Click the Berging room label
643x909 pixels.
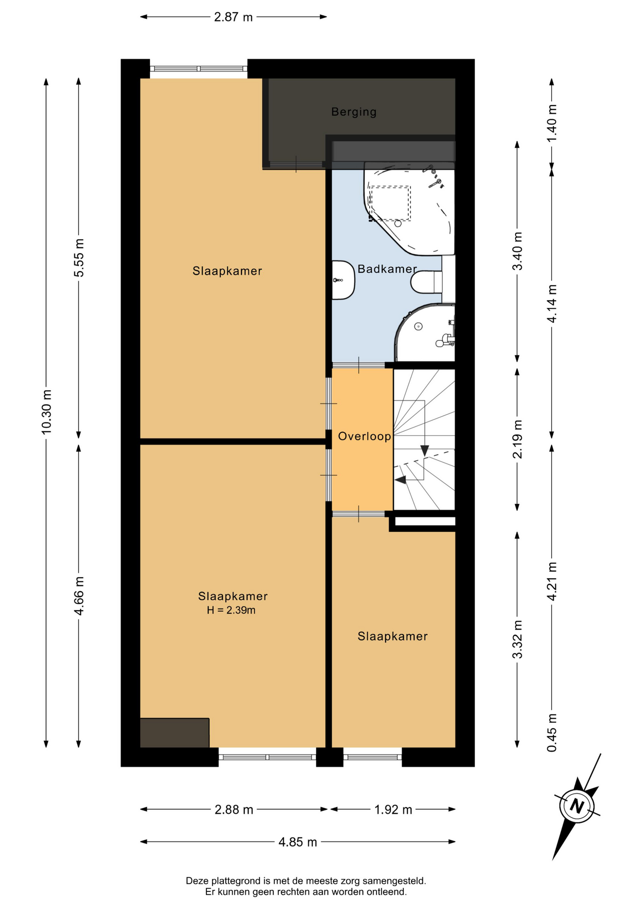click(x=354, y=112)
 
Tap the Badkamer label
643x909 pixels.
click(x=387, y=269)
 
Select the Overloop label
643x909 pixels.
click(x=365, y=437)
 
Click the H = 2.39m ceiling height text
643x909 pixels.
click(x=231, y=610)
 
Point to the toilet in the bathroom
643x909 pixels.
click(x=426, y=282)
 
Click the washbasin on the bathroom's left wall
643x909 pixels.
click(x=343, y=280)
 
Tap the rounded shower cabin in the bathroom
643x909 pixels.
click(x=425, y=333)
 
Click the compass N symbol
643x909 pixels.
click(x=577, y=806)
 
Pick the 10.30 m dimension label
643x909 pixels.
click(x=46, y=412)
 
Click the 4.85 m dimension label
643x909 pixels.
click(x=298, y=842)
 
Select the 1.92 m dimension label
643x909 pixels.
click(x=393, y=810)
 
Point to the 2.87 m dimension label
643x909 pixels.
click(x=233, y=17)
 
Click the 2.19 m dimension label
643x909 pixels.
click(x=518, y=439)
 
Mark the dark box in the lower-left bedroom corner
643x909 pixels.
click(x=175, y=733)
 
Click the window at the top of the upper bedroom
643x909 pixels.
click(x=199, y=69)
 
